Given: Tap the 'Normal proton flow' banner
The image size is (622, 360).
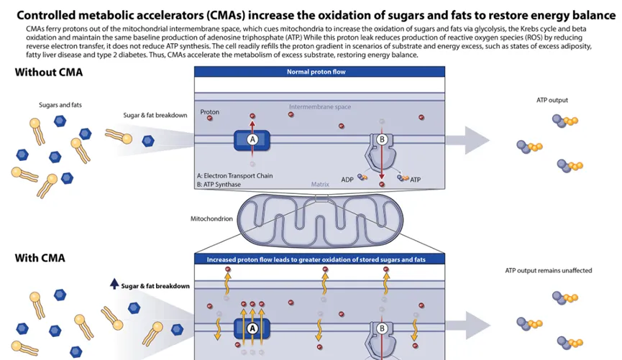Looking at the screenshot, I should [x=319, y=72].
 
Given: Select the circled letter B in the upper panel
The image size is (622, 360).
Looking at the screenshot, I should [x=382, y=139].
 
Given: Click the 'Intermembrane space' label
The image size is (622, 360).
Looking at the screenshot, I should [x=320, y=107].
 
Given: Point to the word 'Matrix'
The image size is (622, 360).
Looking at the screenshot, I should [x=320, y=184].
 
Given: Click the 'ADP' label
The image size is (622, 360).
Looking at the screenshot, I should [x=347, y=180].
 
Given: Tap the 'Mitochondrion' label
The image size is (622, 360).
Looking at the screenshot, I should [x=211, y=218].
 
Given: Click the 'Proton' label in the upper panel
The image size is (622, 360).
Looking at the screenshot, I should [x=209, y=113].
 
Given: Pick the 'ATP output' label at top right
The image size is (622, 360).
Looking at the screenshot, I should [x=552, y=100].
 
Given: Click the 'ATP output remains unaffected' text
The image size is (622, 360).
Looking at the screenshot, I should [x=549, y=271].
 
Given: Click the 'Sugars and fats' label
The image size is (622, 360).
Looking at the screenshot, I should [x=60, y=105].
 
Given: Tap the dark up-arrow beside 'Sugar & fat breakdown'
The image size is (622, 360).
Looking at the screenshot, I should [x=114, y=285].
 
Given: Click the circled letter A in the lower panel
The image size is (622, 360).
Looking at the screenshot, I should [x=252, y=328].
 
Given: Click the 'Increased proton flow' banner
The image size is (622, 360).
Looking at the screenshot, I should [x=319, y=259].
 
